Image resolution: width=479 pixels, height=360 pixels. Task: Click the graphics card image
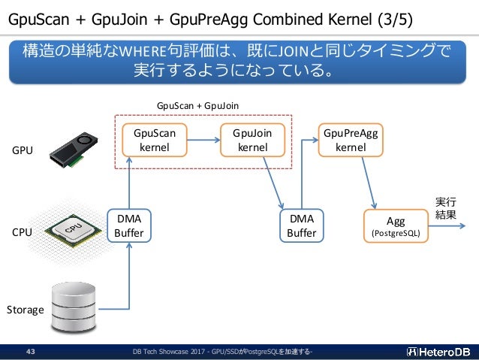tap(74, 150)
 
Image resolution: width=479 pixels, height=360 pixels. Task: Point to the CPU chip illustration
tap(74, 231)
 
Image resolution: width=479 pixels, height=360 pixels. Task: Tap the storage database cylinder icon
tap(74, 307)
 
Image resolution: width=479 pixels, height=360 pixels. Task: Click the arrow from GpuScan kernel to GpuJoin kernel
tap(203, 140)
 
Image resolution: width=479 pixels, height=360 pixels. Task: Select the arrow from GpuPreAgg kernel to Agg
tap(369, 183)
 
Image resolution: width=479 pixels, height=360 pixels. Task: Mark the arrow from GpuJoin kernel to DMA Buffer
tap(273, 183)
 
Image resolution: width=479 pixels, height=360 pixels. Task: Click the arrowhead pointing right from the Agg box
tap(462, 226)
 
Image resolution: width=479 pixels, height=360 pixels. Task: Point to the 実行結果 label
tap(446, 208)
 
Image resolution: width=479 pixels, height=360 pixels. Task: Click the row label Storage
tap(26, 310)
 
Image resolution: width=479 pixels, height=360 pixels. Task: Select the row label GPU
tap(23, 150)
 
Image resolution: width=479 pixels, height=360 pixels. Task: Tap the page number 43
tap(31, 352)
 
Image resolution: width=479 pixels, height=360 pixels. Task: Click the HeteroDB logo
tap(438, 352)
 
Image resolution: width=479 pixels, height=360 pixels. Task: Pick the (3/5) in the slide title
tap(395, 20)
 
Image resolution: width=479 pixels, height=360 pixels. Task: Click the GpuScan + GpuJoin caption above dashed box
tap(197, 106)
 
